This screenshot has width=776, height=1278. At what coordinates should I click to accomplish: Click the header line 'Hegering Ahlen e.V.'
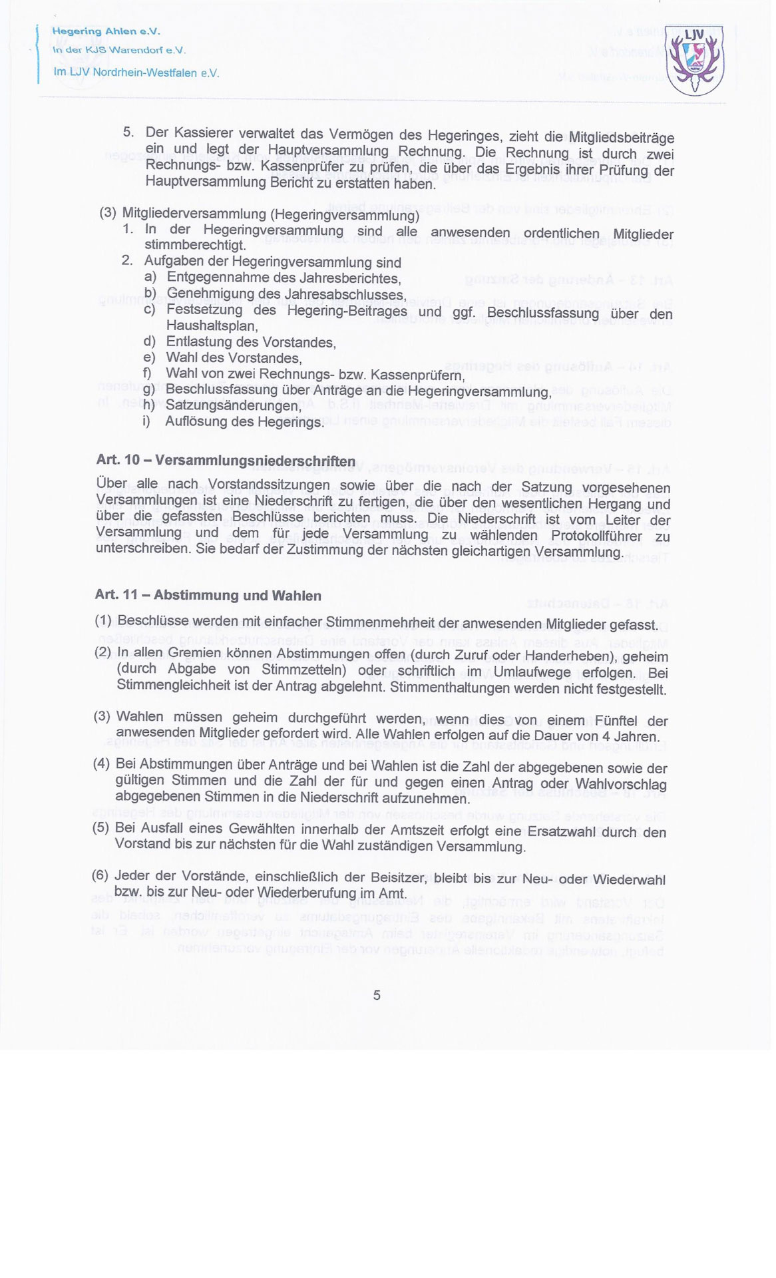tap(106, 31)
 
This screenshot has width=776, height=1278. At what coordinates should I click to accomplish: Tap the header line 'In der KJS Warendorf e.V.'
tap(119, 50)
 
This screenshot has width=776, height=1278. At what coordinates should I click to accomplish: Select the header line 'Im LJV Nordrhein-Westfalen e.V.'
tap(136, 73)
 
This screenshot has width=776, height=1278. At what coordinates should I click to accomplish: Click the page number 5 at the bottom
tap(377, 995)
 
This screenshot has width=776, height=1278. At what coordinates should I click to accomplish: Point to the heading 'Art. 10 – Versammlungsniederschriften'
tap(226, 461)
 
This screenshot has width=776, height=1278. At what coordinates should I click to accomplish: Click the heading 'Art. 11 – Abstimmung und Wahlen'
tap(208, 595)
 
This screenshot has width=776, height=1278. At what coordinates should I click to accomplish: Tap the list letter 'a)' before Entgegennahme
tap(150, 277)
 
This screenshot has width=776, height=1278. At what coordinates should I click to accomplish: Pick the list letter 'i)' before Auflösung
tap(146, 421)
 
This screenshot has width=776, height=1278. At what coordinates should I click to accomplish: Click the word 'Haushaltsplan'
tap(211, 325)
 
